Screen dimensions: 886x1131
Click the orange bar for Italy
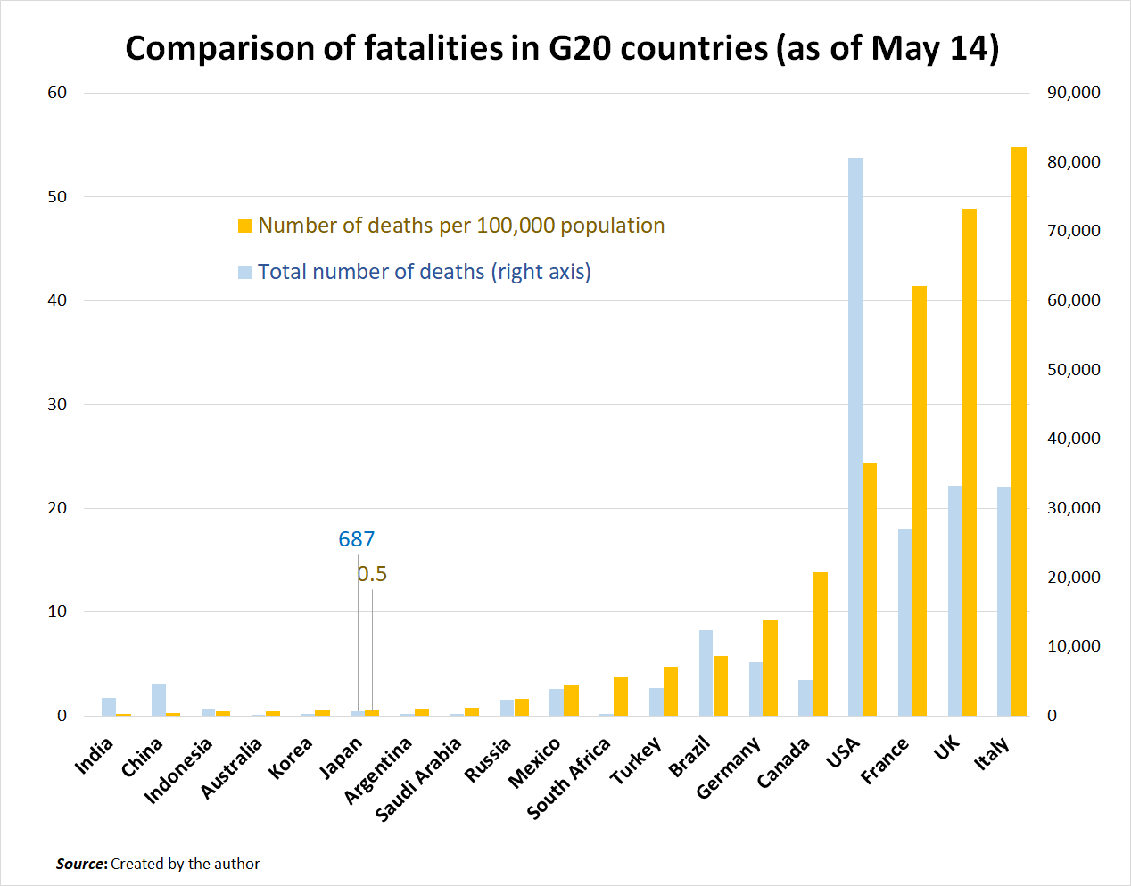(1019, 431)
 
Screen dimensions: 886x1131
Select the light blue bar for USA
(855, 437)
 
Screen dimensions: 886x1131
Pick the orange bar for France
(920, 501)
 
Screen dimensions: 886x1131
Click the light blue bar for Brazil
(706, 673)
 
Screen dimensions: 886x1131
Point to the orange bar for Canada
(820, 644)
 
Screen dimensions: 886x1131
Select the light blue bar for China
(159, 700)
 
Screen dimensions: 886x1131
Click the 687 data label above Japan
(357, 539)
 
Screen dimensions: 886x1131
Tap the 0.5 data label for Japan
(372, 574)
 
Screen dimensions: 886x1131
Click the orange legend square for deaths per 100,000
(244, 226)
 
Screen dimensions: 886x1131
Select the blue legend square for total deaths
(244, 272)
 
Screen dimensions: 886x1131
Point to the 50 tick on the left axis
(57, 197)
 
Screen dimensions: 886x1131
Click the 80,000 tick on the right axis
(1074, 162)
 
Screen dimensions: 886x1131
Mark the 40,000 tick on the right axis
(1074, 439)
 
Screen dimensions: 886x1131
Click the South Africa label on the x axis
(569, 777)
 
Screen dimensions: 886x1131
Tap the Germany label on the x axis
(728, 767)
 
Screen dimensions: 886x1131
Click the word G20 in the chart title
(580, 48)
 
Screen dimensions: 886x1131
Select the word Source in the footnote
(81, 864)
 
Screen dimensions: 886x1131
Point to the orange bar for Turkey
(671, 691)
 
